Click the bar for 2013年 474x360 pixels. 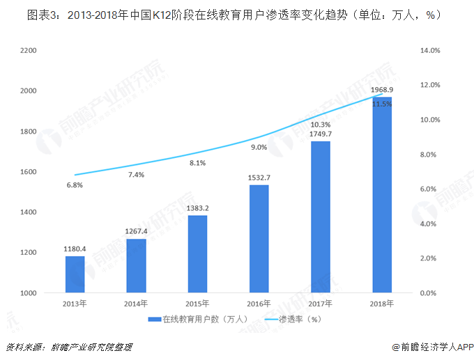[75, 274]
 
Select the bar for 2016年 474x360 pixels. [259, 239]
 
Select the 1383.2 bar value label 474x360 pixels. [197, 208]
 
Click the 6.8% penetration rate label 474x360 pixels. [75, 185]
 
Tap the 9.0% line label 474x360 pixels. [259, 147]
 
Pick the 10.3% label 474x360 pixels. [321, 124]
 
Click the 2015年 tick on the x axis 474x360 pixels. [197, 304]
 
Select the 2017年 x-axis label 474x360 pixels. [321, 304]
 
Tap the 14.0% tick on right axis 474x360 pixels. [430, 51]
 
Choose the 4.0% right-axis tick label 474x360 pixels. [429, 224]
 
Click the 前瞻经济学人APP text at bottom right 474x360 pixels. [432, 347]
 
